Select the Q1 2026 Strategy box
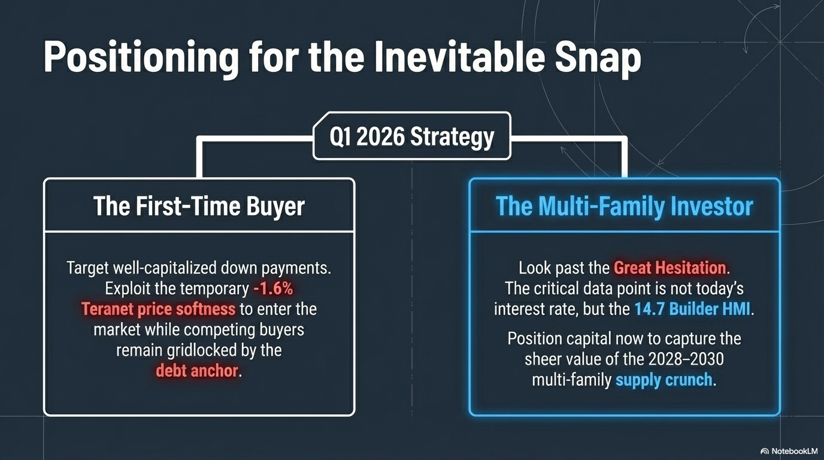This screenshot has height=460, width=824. pos(411,136)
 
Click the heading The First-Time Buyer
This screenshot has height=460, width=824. pos(199,205)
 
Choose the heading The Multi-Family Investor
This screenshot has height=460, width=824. pos(624,206)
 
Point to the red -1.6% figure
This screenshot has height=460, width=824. pos(273,289)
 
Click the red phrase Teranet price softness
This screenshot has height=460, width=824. pos(158,308)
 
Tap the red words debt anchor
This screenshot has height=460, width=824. pos(197,371)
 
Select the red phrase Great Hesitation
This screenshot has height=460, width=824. pos(670,268)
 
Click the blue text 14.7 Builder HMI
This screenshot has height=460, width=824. pos(692,308)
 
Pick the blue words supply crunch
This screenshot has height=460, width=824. pos(664,380)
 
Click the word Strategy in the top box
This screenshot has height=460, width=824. pos(452,137)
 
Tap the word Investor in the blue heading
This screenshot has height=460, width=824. pos(712,206)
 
